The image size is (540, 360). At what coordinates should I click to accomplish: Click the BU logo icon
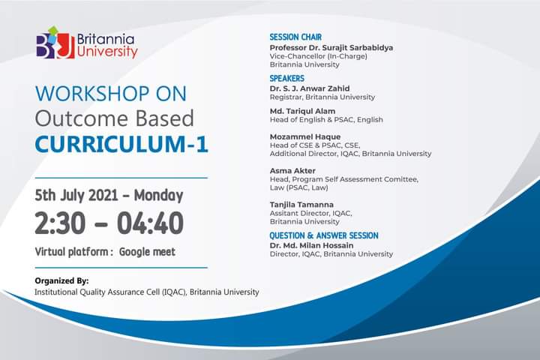[x=55, y=43]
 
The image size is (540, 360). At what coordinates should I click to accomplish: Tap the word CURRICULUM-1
[x=121, y=144]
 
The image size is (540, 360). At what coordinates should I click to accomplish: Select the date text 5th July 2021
[x=76, y=195]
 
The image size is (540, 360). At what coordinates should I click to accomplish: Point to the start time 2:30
[x=60, y=223]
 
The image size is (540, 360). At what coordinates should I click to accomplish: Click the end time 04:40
[x=150, y=223]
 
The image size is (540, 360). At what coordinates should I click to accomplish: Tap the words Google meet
[x=147, y=252]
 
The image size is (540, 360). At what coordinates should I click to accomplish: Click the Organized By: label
[x=61, y=280]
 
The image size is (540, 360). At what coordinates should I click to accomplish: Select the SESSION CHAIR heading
[x=295, y=37]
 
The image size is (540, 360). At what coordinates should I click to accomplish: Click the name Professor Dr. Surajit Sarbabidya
[x=331, y=47]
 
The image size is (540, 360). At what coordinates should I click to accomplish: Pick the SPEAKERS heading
[x=286, y=78]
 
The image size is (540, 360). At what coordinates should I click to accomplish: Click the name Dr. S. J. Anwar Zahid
[x=310, y=88]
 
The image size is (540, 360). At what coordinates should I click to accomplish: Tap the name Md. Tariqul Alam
[x=302, y=111]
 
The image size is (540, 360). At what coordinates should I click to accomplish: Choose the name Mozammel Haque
[x=305, y=136]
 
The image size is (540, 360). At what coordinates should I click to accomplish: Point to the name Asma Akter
[x=292, y=171]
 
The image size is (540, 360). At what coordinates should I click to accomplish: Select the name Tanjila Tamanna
[x=301, y=205]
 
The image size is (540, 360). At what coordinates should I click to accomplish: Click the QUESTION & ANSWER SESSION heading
[x=324, y=235]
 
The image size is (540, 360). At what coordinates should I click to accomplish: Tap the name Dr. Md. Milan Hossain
[x=311, y=246]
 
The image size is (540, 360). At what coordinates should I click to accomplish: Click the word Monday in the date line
[x=158, y=195]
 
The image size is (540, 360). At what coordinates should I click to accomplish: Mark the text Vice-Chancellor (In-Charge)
[x=318, y=56]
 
